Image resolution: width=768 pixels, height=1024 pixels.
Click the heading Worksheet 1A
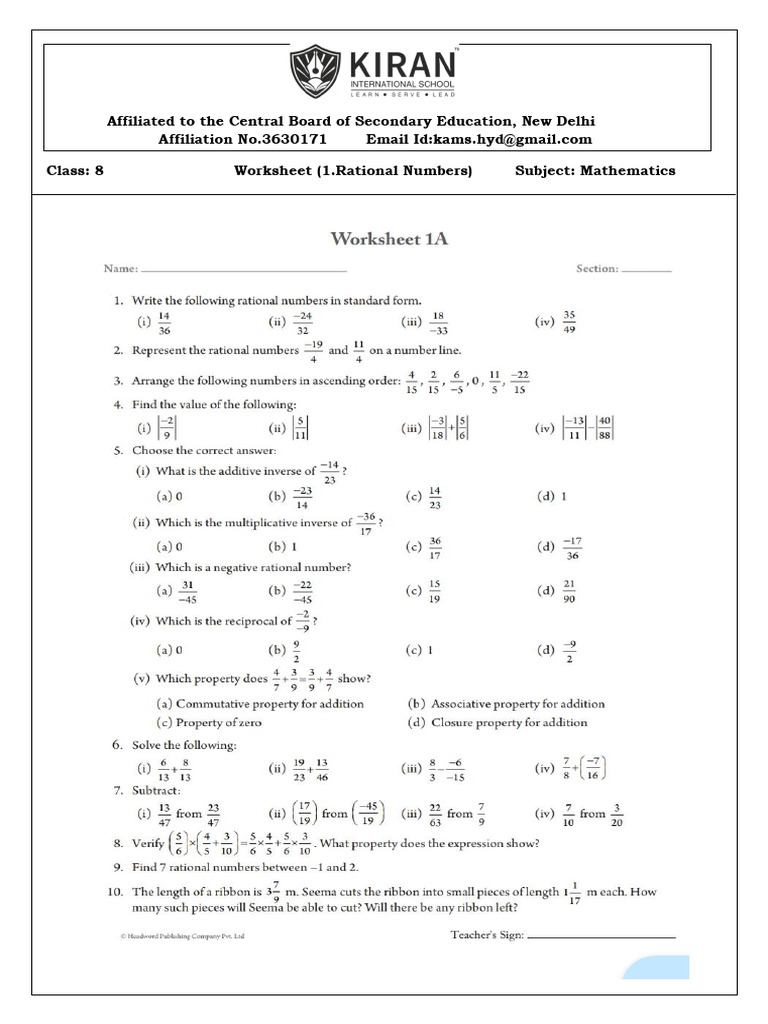point(390,238)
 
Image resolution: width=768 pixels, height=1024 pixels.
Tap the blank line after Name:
point(244,270)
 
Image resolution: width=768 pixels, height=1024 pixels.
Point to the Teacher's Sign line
point(601,937)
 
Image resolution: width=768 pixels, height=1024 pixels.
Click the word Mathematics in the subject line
point(626,171)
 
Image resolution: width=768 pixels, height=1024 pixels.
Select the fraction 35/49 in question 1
point(569,322)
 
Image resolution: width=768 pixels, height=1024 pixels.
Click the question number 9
point(117,866)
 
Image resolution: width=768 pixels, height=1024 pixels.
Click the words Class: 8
point(75,171)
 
